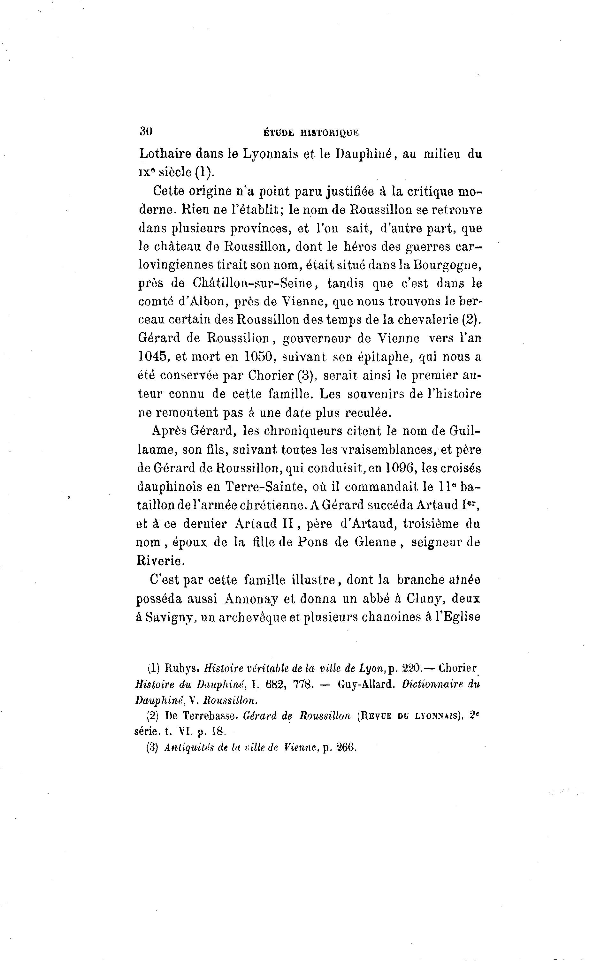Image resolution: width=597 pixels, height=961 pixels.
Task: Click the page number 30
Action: (x=146, y=132)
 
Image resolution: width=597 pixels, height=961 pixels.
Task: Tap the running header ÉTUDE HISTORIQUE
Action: (x=311, y=133)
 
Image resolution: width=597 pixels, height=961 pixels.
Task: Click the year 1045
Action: (x=154, y=356)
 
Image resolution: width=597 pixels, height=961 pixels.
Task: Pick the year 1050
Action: (x=259, y=356)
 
